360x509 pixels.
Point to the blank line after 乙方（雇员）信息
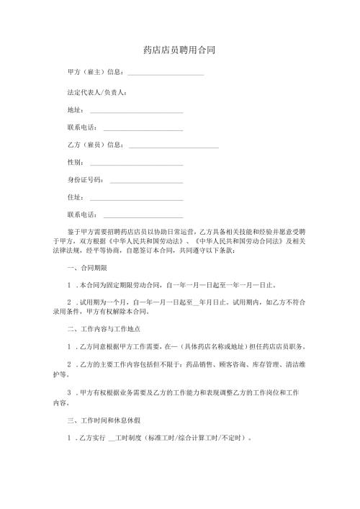[x=174, y=148]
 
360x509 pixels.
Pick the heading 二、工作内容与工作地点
[x=104, y=330]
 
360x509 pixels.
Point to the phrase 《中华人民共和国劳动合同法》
[x=228, y=242]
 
